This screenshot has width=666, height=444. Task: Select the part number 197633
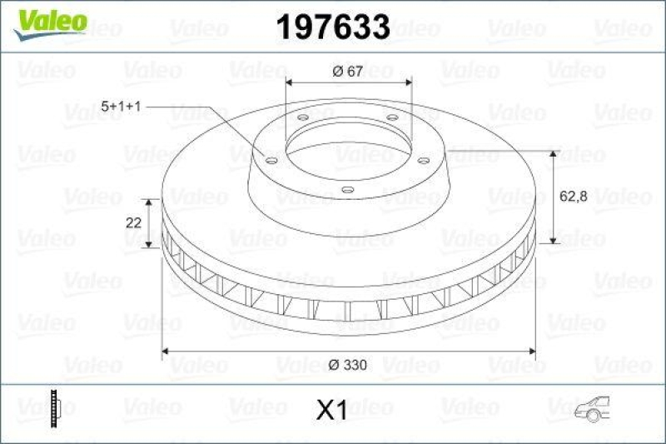[x=332, y=27]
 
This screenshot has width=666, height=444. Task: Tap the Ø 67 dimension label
[x=347, y=72]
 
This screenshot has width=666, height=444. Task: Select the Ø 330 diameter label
[x=348, y=364]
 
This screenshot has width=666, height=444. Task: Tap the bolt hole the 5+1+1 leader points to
[x=271, y=158]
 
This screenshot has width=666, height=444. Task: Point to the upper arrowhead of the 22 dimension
[x=150, y=203]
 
